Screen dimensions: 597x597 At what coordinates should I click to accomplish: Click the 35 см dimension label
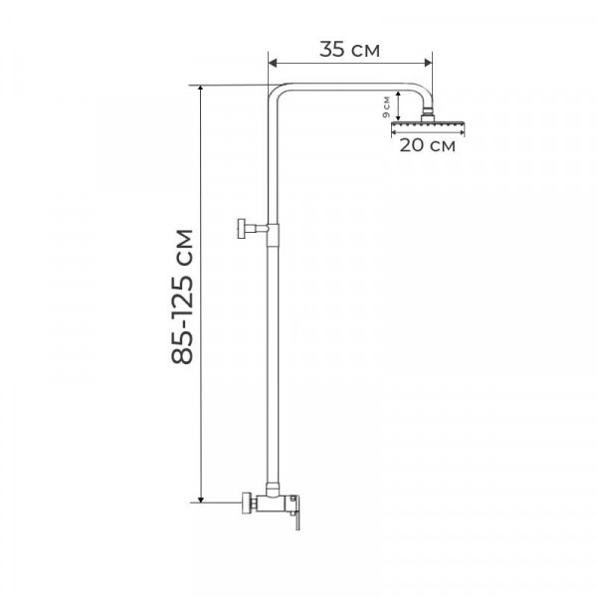pyautogui.click(x=349, y=50)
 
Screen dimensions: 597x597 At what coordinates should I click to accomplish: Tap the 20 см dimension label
pyautogui.click(x=427, y=145)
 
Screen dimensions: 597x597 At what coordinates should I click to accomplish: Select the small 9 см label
pyautogui.click(x=386, y=107)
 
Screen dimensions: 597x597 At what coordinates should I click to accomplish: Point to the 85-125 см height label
pyautogui.click(x=182, y=297)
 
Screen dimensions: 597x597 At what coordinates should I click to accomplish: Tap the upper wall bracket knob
pyautogui.click(x=242, y=229)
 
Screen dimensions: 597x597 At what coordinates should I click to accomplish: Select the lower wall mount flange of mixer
pyautogui.click(x=247, y=502)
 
